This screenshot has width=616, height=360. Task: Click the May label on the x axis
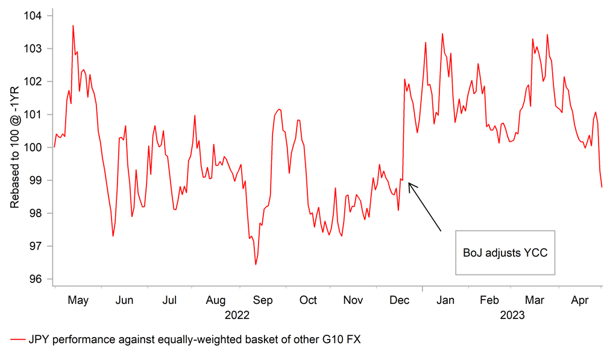pos(78,300)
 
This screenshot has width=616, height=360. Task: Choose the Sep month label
pos(262,300)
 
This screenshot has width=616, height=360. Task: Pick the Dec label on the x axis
pos(400,300)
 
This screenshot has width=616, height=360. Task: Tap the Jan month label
pos(446,300)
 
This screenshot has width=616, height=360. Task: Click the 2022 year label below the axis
pos(237,315)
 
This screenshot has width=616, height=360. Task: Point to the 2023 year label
pos(512,315)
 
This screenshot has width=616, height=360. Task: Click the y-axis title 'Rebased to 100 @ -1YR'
pos(14,147)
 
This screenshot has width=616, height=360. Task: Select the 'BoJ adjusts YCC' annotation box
pos(505,253)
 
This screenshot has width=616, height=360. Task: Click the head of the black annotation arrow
pos(409,184)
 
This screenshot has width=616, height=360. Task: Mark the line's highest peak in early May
pos(73,25)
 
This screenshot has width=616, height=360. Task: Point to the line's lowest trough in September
pos(256,265)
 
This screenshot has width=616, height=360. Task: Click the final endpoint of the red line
pos(602,187)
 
